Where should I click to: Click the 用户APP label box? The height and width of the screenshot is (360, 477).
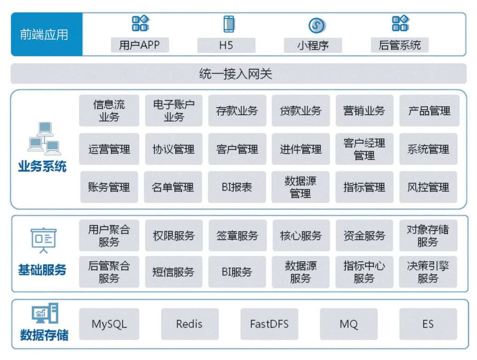pos(139,45)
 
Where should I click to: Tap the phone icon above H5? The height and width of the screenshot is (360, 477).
pos(229,24)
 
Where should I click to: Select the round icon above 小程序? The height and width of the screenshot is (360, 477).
pos(317,25)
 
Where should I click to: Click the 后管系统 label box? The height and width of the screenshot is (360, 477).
pos(399,45)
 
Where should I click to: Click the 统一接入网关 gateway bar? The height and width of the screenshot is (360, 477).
pos(238,73)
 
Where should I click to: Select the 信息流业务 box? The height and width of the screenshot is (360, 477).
pos(109,111)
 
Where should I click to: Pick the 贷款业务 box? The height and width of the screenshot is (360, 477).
pos(301,111)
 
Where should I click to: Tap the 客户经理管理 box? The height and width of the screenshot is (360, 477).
pos(364,149)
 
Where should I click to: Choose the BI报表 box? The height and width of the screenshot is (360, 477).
pos(237,187)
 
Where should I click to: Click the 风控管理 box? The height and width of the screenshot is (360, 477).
pos(428,187)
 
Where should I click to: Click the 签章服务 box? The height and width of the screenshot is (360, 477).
pos(237,236)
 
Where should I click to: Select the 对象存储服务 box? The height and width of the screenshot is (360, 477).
pos(428,236)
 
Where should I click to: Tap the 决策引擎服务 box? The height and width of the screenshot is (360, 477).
pos(428,272)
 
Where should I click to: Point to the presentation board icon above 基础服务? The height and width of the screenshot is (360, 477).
pos(43,240)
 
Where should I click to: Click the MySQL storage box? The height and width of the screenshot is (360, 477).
pos(109,324)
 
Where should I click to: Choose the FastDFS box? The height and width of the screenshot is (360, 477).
pos(269,324)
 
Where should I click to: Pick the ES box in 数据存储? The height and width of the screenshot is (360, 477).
pos(428,324)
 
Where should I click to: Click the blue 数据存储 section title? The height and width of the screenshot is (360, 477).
pos(44,335)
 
